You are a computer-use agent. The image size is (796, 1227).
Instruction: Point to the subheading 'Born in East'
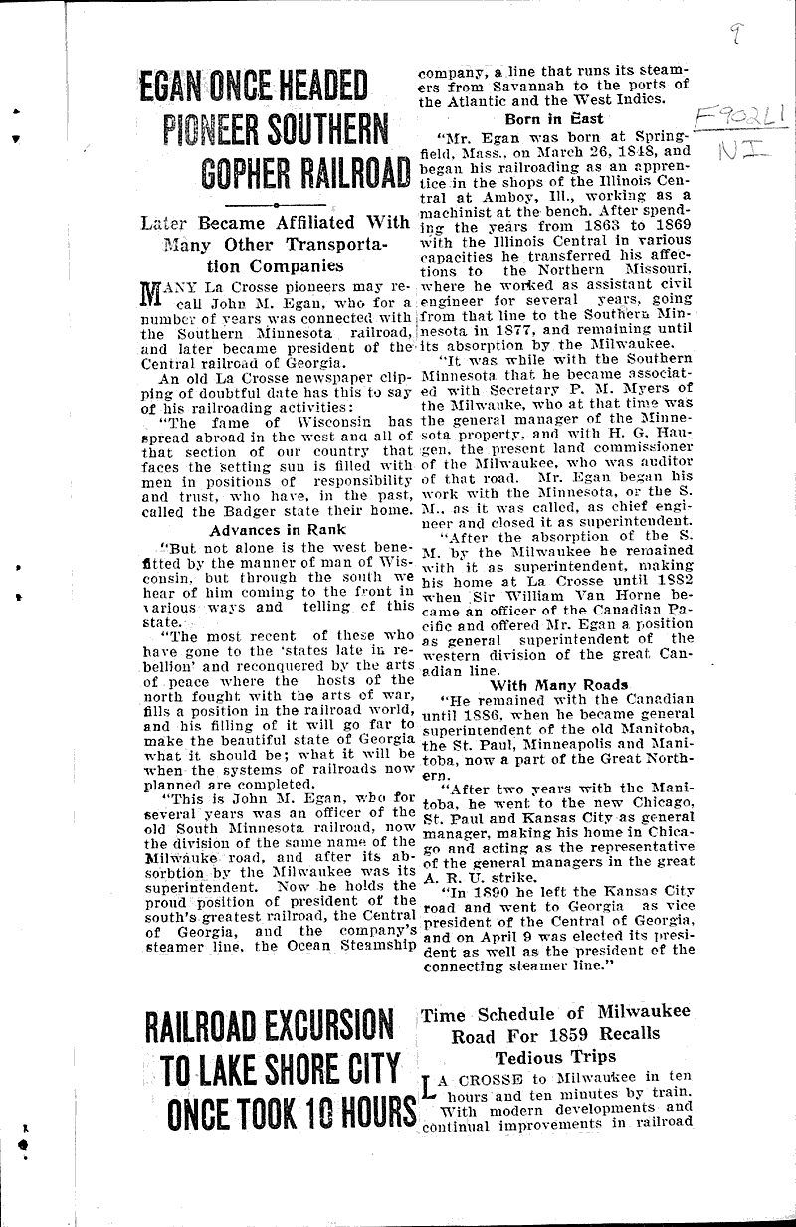[547, 118]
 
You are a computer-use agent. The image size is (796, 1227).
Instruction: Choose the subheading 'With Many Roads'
[557, 683]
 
